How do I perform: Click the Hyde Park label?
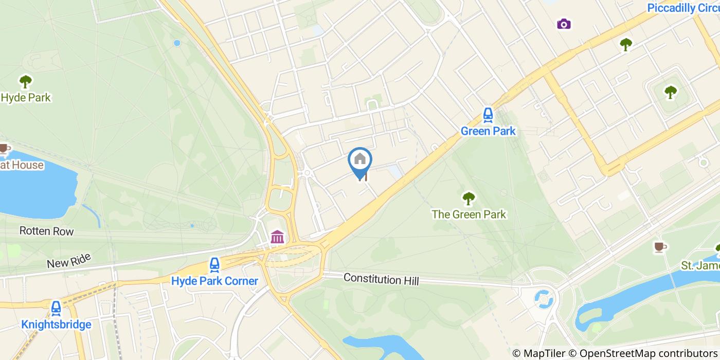click(26, 97)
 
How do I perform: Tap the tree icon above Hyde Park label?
click(25, 81)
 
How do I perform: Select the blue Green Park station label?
click(488, 131)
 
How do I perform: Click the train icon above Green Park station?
click(488, 115)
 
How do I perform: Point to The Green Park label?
click(469, 214)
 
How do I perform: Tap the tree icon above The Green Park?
click(468, 198)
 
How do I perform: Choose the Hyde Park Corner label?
click(214, 281)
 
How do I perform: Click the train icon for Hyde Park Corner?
click(214, 265)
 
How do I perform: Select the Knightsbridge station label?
click(56, 325)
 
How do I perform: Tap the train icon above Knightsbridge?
click(56, 309)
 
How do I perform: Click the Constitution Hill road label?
click(381, 279)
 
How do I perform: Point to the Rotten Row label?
click(46, 231)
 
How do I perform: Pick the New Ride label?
click(68, 260)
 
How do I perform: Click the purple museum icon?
click(277, 237)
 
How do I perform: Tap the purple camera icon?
click(564, 24)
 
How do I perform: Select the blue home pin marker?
click(360, 160)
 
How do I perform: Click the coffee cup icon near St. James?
click(659, 247)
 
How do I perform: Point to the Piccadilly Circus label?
click(683, 8)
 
